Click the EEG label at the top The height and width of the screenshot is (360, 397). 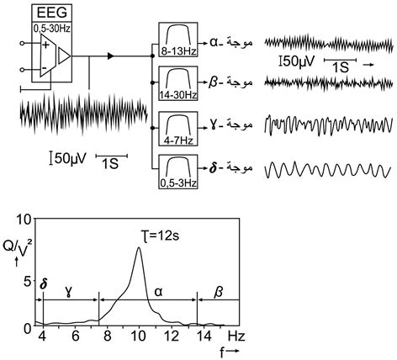click(x=52, y=13)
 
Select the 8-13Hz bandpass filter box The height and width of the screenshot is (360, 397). click(x=178, y=40)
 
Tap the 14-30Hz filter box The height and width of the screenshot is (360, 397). click(x=178, y=83)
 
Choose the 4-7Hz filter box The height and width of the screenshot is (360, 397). click(x=178, y=129)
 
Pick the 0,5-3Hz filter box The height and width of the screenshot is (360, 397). click(x=178, y=172)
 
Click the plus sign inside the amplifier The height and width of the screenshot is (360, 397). click(x=45, y=45)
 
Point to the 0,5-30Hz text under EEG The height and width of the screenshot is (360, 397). click(x=52, y=29)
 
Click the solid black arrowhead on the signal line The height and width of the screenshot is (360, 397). click(x=111, y=56)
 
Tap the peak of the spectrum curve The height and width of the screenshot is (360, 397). click(x=139, y=247)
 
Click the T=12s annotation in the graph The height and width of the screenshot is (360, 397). click(x=160, y=236)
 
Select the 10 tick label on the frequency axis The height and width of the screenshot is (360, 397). click(x=140, y=336)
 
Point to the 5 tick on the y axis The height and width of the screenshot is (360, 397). click(x=27, y=282)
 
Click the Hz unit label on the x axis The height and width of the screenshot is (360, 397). click(x=236, y=336)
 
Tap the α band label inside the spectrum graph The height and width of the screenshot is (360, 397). click(x=158, y=293)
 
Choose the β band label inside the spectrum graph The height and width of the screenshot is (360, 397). click(x=219, y=292)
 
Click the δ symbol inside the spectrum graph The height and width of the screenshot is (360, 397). click(x=43, y=284)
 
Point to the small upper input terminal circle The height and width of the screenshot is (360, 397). click(x=22, y=44)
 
